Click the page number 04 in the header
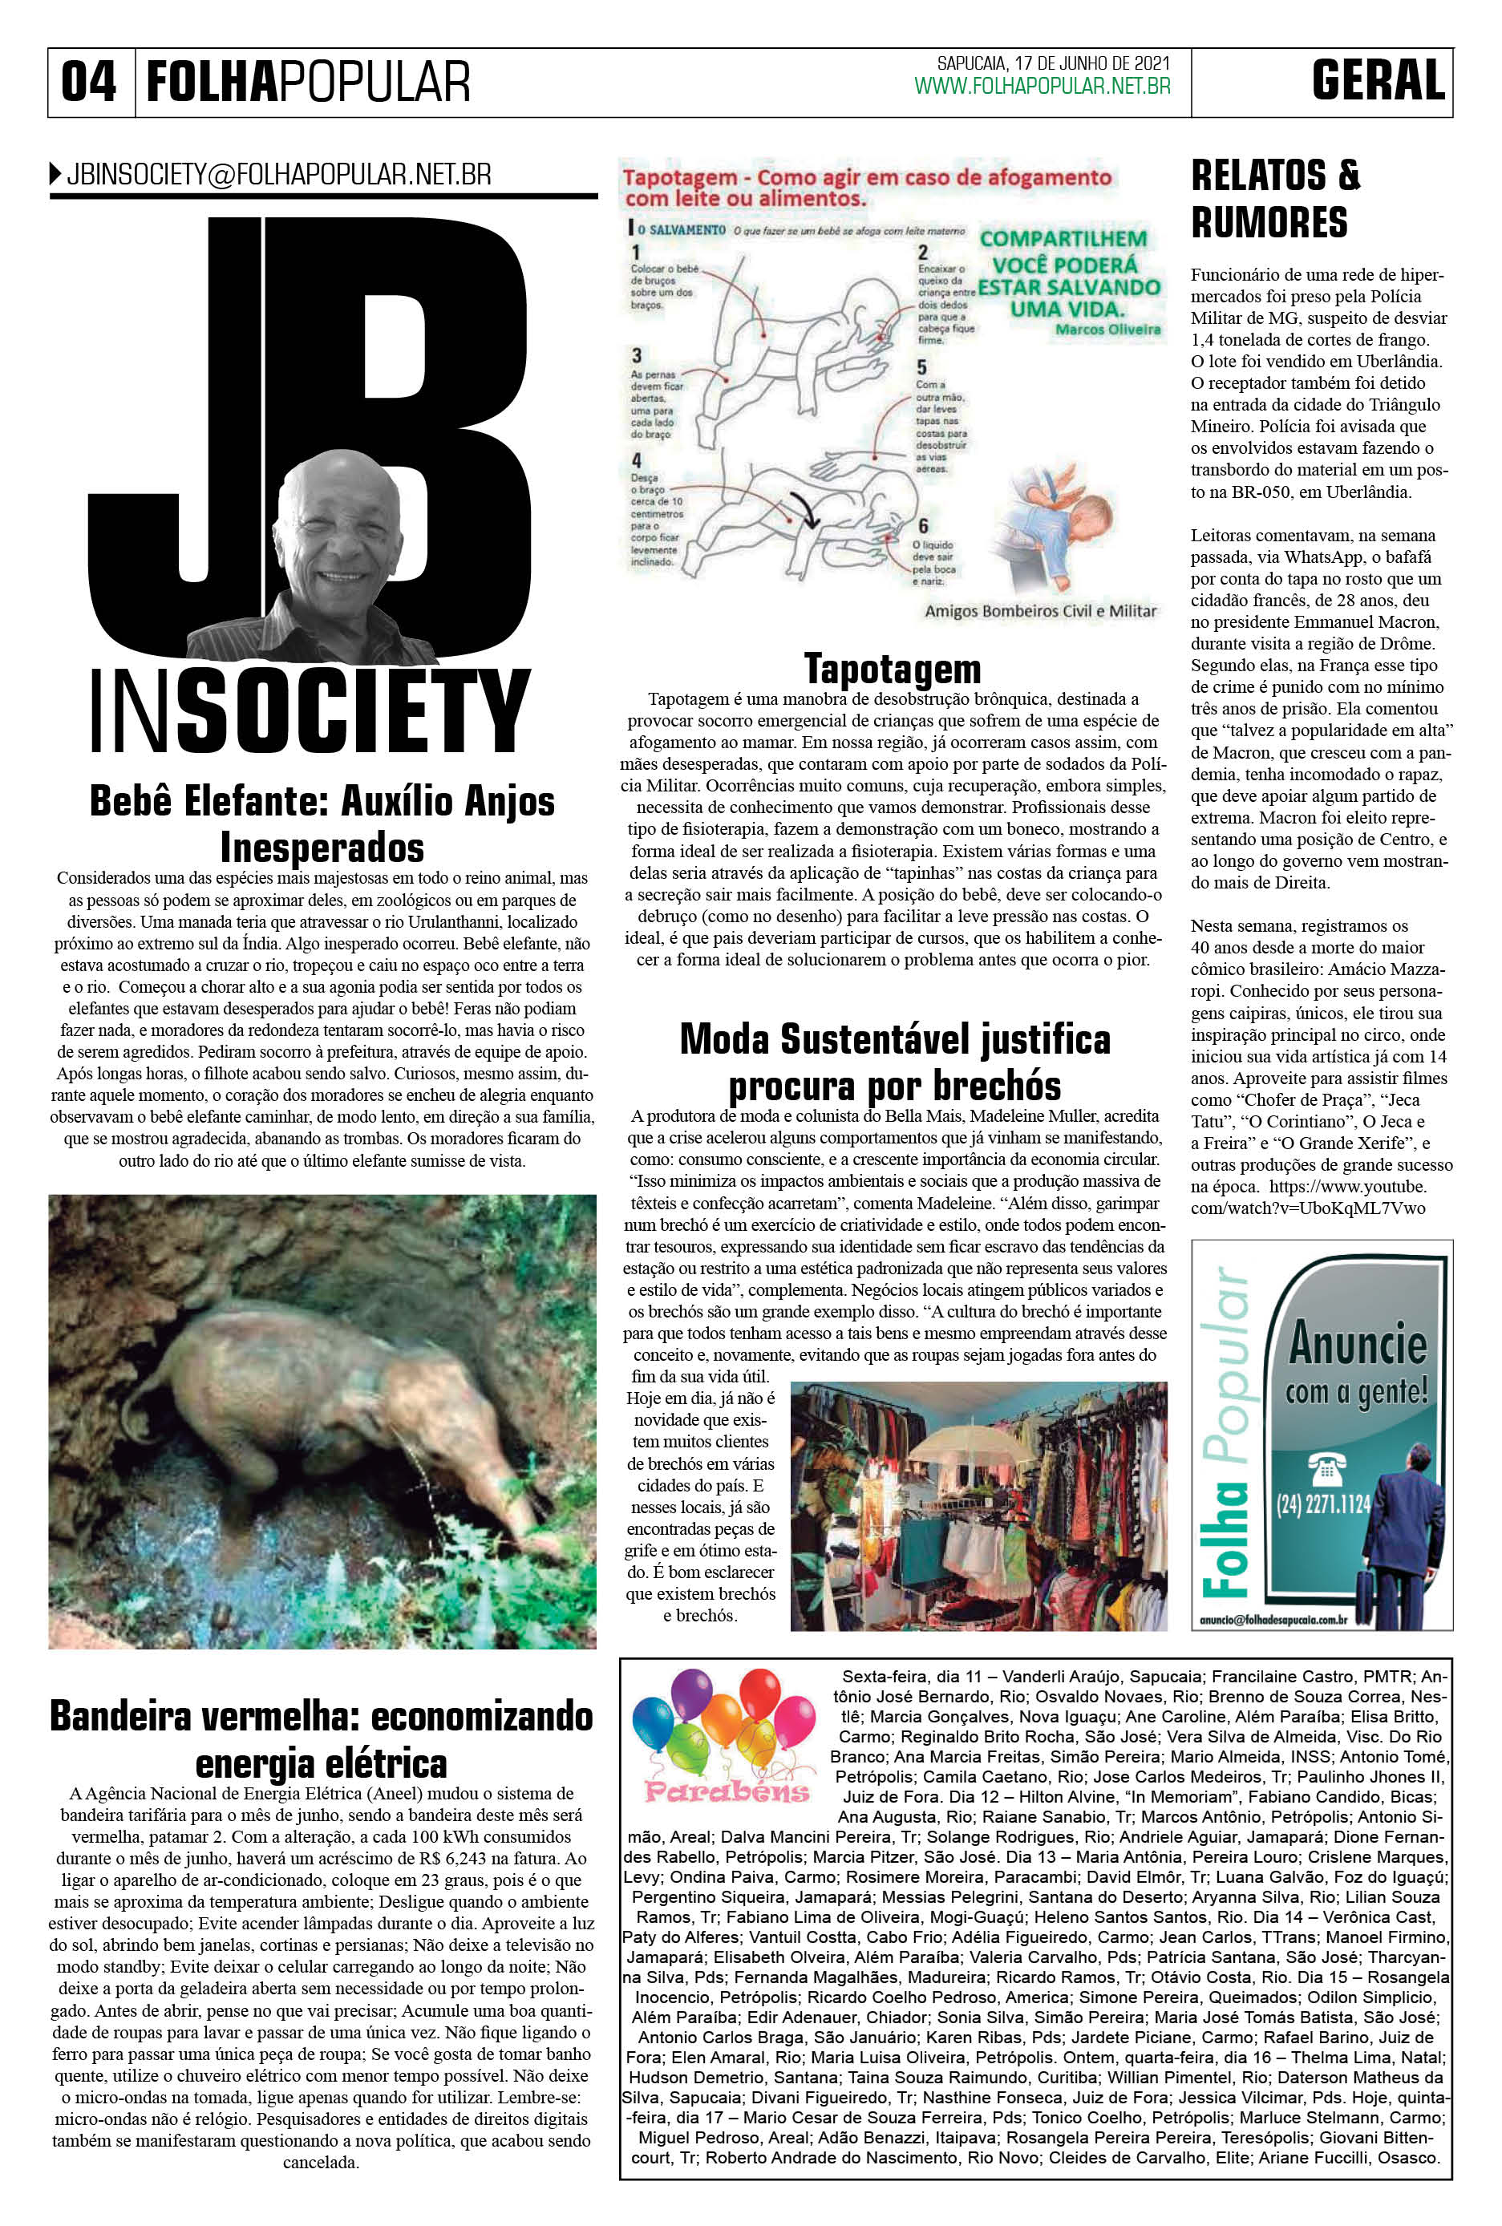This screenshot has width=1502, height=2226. point(88,83)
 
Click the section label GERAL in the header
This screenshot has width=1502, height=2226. point(1378,82)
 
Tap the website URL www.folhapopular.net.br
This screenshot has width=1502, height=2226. point(1042,87)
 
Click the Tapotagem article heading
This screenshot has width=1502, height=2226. point(892,668)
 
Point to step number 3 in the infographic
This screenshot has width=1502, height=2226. point(636,356)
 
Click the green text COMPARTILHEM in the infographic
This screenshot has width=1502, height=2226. point(1063,238)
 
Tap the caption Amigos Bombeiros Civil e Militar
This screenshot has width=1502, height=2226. point(1040,611)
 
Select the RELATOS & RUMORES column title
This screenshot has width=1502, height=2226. point(1274,199)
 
